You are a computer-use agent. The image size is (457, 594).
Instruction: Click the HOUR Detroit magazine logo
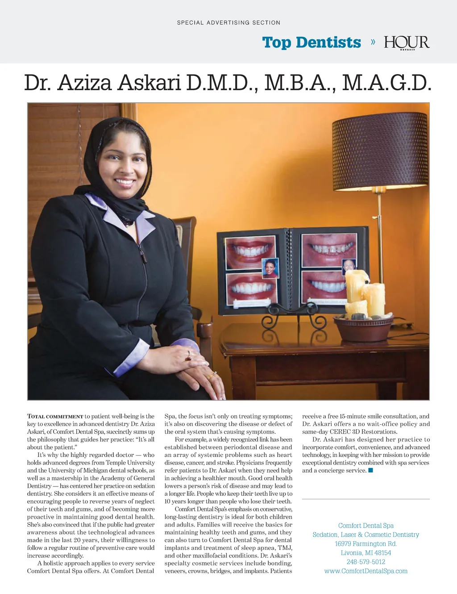(407, 43)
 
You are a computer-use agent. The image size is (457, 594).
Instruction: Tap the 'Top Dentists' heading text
(312, 42)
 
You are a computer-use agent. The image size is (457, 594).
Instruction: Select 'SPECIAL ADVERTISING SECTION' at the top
(228, 22)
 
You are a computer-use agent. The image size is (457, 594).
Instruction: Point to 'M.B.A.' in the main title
(299, 83)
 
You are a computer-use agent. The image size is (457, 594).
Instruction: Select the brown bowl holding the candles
(363, 329)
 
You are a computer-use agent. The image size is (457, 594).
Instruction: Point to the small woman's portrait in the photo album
(270, 268)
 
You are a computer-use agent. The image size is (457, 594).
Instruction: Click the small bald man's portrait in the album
(349, 267)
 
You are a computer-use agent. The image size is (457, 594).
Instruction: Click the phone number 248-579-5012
(366, 562)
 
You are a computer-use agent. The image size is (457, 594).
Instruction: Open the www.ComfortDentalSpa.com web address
(366, 571)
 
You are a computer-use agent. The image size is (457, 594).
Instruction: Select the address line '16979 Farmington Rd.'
(366, 544)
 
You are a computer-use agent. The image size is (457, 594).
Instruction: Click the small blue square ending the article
(370, 470)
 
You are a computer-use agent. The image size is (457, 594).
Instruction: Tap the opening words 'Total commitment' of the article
(55, 416)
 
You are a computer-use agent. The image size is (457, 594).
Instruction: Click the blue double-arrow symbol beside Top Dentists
(373, 42)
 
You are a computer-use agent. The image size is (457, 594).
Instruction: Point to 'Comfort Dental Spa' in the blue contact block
(366, 526)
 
